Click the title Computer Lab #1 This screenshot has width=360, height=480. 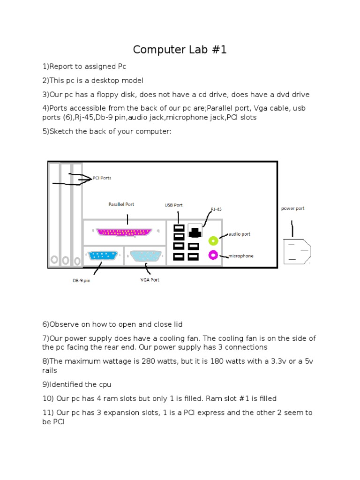click(x=180, y=50)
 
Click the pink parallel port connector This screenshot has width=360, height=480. click(x=124, y=232)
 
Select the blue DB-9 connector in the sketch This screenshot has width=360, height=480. click(x=102, y=256)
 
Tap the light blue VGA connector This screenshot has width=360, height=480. click(x=145, y=256)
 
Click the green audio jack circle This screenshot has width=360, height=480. click(x=213, y=241)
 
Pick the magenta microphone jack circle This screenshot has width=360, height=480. click(x=213, y=255)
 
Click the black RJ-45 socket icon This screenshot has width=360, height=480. click(x=195, y=230)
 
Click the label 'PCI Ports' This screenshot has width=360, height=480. click(x=102, y=178)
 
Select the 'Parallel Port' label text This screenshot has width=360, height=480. click(x=121, y=204)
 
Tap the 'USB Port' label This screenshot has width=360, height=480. click(x=173, y=205)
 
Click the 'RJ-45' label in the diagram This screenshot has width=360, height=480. click(x=216, y=210)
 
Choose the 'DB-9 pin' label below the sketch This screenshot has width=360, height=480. click(x=81, y=281)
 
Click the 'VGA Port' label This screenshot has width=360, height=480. click(x=150, y=280)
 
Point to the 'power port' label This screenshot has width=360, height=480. click(x=292, y=209)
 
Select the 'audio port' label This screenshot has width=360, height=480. click(x=240, y=233)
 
